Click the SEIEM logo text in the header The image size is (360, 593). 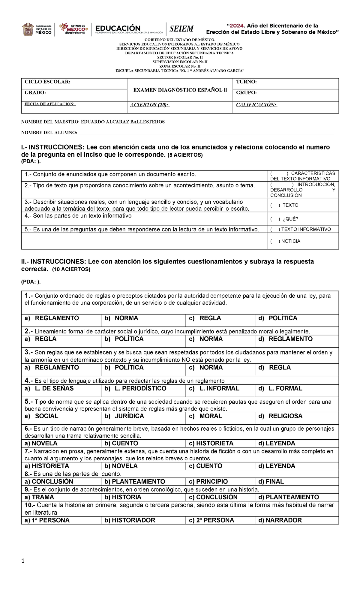tap(181, 29)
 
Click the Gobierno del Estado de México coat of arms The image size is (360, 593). tap(28, 29)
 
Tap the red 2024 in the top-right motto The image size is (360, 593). tap(236, 26)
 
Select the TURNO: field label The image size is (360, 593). tap(246, 82)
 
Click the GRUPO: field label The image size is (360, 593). tap(246, 93)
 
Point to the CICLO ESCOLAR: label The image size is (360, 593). tap(47, 82)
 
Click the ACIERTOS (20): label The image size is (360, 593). tap(150, 105)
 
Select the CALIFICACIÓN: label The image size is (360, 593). tap(256, 105)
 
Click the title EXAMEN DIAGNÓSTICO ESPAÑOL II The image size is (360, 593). tap(180, 90)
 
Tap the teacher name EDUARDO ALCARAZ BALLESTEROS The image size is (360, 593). tap(123, 122)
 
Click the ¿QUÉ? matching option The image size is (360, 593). tap(290, 219)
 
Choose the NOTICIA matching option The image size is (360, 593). tap(290, 241)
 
